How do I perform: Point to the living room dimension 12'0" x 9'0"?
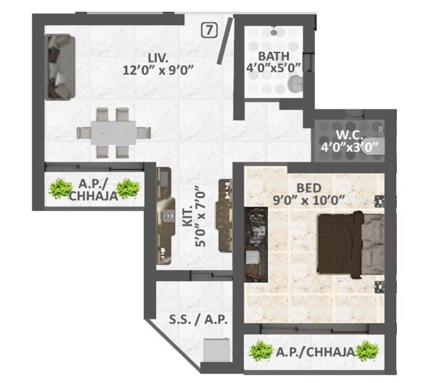(159, 69)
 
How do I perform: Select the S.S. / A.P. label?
(199, 320)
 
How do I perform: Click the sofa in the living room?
(60, 67)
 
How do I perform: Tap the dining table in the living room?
(114, 131)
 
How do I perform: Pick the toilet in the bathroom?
(297, 84)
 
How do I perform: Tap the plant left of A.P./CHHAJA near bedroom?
(261, 352)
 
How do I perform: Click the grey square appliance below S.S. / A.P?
(217, 352)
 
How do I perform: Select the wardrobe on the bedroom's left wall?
(255, 244)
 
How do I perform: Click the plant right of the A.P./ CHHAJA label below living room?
(128, 187)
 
